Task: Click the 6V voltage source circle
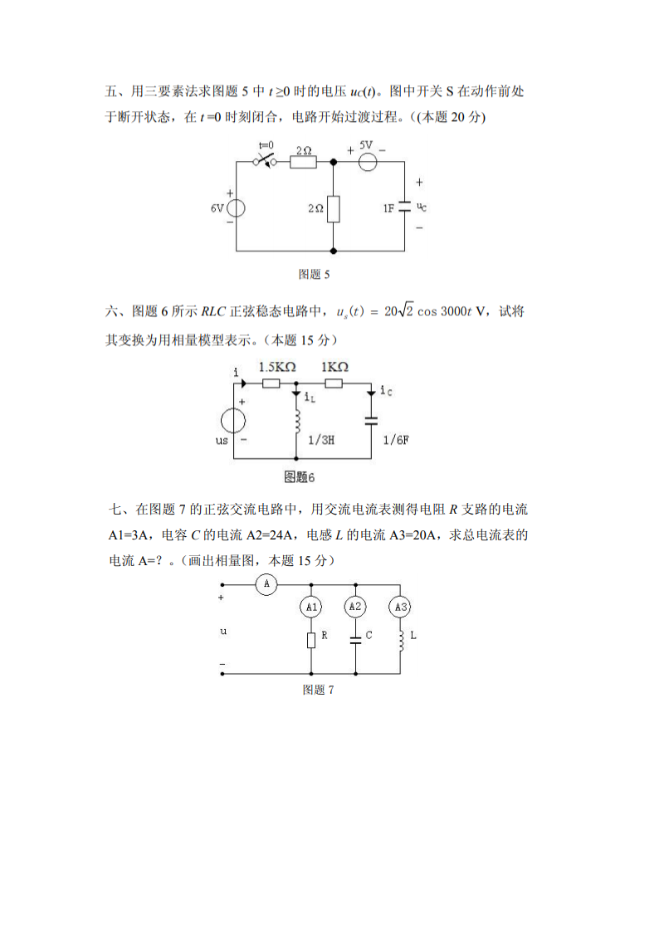click(236, 207)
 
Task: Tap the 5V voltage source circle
click(369, 162)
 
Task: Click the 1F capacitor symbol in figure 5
click(404, 207)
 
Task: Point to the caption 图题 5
click(315, 273)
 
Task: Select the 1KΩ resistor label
click(334, 367)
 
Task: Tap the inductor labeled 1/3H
click(296, 421)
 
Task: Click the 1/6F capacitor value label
click(395, 441)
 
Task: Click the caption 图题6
click(300, 477)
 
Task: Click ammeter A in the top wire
click(266, 584)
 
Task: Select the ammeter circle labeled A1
click(311, 608)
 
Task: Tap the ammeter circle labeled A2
click(355, 607)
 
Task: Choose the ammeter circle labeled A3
click(401, 608)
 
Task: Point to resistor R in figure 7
click(311, 640)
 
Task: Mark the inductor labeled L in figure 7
click(401, 639)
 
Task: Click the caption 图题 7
click(318, 690)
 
